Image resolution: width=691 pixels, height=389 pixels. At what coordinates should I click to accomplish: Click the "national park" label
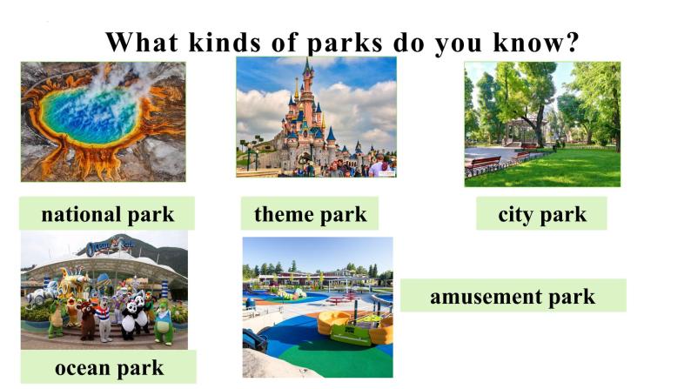coord(107,214)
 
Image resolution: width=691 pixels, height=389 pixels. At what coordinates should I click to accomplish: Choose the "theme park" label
coord(310,214)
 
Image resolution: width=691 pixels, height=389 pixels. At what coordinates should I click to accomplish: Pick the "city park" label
coord(541,214)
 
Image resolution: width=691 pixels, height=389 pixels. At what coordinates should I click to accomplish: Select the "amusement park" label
coord(513,296)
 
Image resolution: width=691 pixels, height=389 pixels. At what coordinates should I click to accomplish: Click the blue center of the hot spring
coord(87,114)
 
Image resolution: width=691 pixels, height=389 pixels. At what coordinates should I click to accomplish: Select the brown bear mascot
coord(86,319)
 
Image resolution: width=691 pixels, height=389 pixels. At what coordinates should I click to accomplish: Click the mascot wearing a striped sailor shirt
coord(105,317)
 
